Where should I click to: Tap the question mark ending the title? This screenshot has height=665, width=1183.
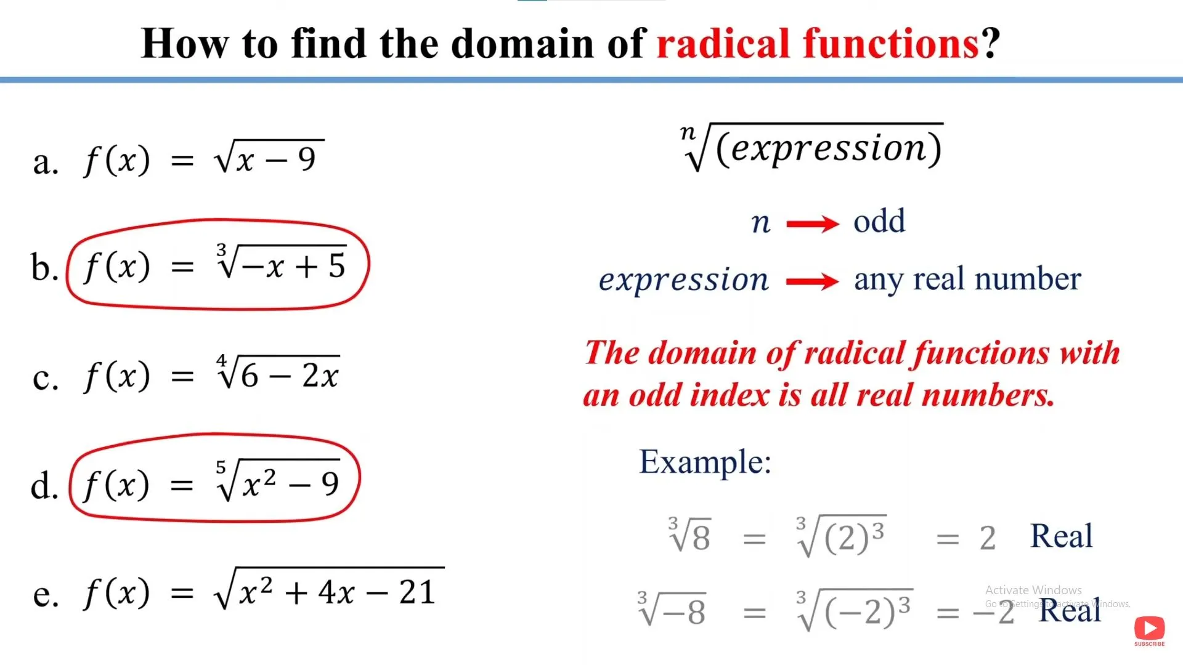click(991, 44)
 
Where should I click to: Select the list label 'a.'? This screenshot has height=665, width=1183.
click(46, 162)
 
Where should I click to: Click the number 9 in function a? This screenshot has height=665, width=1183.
click(307, 159)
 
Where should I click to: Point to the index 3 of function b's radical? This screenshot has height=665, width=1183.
click(221, 250)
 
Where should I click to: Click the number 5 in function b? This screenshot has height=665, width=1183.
click(336, 265)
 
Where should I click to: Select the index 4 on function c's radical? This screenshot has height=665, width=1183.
click(221, 361)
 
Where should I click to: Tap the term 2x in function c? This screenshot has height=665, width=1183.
click(320, 375)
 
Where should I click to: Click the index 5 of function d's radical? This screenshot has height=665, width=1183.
click(221, 467)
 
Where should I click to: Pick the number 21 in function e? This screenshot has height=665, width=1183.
click(417, 592)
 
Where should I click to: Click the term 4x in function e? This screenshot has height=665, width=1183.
click(336, 592)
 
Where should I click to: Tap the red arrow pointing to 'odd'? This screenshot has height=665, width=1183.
click(813, 224)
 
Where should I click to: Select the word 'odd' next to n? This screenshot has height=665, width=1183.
click(879, 221)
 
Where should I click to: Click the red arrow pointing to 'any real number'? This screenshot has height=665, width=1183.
click(813, 281)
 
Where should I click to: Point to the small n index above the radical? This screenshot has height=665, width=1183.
click(688, 132)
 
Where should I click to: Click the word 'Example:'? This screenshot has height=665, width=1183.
click(705, 462)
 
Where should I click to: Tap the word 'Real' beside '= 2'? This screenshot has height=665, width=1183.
click(1061, 536)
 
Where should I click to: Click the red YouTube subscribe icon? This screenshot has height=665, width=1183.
click(1149, 629)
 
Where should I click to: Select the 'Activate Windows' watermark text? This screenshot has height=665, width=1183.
click(1033, 590)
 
